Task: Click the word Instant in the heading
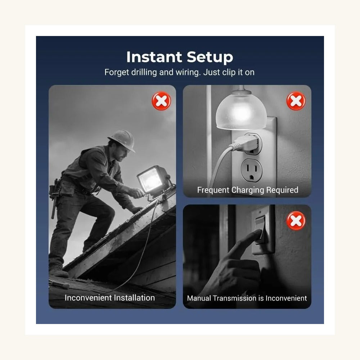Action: [154, 57]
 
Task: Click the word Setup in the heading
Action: [210, 57]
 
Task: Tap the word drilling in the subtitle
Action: [144, 72]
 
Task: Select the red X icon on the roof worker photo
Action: [161, 101]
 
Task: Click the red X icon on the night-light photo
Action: [296, 101]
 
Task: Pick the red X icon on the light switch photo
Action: [296, 220]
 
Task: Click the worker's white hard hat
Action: [122, 140]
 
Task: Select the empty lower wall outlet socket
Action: [252, 170]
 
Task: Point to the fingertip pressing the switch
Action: [258, 233]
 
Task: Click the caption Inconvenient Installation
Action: [110, 298]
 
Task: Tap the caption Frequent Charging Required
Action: [248, 190]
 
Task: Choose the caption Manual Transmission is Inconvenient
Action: [247, 298]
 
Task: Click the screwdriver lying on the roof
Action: [59, 284]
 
